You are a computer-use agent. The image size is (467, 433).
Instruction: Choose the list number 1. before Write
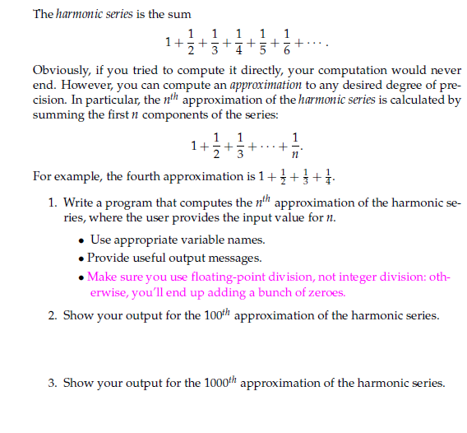click(52, 203)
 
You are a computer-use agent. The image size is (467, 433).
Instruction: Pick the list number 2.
click(52, 316)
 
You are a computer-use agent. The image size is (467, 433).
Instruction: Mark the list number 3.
click(52, 383)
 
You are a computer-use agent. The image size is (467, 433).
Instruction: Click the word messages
click(232, 258)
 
